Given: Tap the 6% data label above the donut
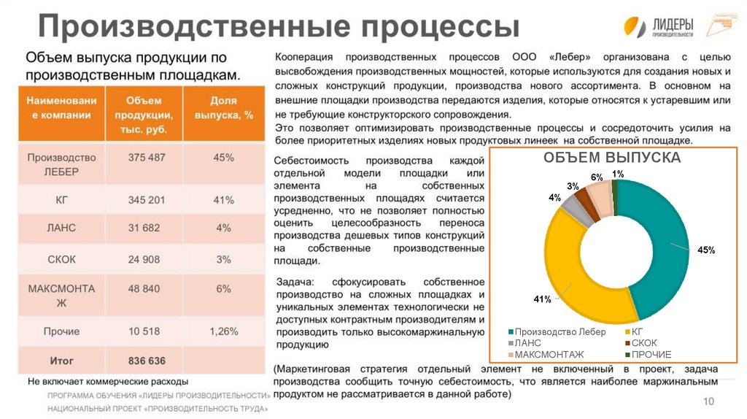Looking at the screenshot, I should [597, 177].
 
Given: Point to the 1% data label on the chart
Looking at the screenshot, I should [618, 174].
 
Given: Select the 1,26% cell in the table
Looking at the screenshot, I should [223, 331].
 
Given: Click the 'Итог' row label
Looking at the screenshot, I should [61, 361].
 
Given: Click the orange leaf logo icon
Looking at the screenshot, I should [635, 26].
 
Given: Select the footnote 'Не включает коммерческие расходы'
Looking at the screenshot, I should [108, 381].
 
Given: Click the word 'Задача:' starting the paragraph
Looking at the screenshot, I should [295, 282].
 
